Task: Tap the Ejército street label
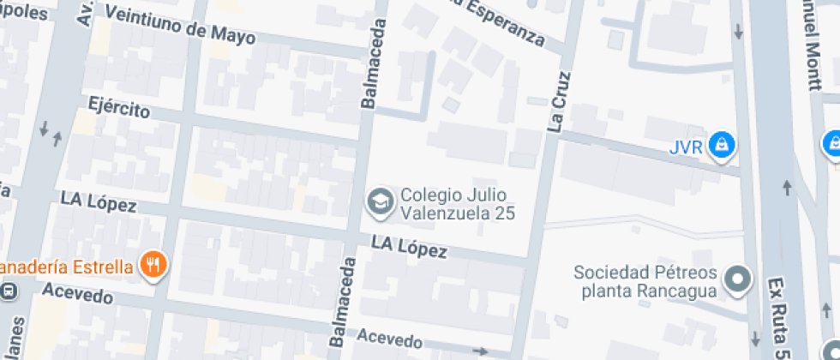[119, 108]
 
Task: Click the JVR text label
[686, 147]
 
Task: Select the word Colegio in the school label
[428, 195]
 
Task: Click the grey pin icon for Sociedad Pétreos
[737, 279]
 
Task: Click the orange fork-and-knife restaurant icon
[154, 264]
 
